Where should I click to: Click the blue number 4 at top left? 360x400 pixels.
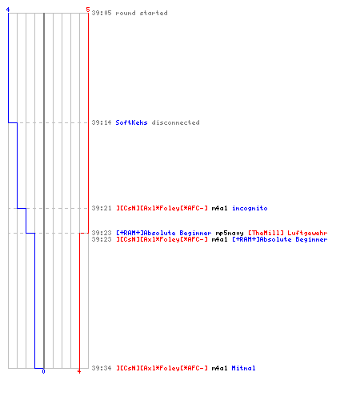pos(8,10)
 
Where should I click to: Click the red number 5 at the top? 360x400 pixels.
pos(88,10)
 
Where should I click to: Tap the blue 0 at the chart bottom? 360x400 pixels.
pos(43,371)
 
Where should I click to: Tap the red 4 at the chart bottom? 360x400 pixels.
pos(79,371)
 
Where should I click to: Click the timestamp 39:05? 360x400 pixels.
pos(102,13)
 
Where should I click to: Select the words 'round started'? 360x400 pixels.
pos(142,13)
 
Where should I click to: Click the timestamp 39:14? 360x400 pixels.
pos(102,122)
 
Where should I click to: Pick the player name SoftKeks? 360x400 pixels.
pos(131,122)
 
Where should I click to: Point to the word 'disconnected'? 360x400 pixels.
pos(175,122)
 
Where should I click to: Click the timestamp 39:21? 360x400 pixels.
pos(102,208)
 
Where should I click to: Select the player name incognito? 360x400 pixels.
pos(250,208)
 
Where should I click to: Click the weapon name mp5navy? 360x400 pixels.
pos(230,233)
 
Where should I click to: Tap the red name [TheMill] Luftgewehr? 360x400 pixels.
pos(287,233)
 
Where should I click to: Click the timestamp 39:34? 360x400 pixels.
pos(102,368)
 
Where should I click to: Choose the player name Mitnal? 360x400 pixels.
pos(243,368)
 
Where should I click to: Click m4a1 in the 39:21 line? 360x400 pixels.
pos(219,208)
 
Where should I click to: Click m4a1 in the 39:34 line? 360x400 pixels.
pos(219,368)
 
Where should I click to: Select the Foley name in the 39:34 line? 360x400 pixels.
pos(162,368)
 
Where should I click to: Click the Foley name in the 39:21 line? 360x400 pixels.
pos(162,208)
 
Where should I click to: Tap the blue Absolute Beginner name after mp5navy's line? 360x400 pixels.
pos(280,239)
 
